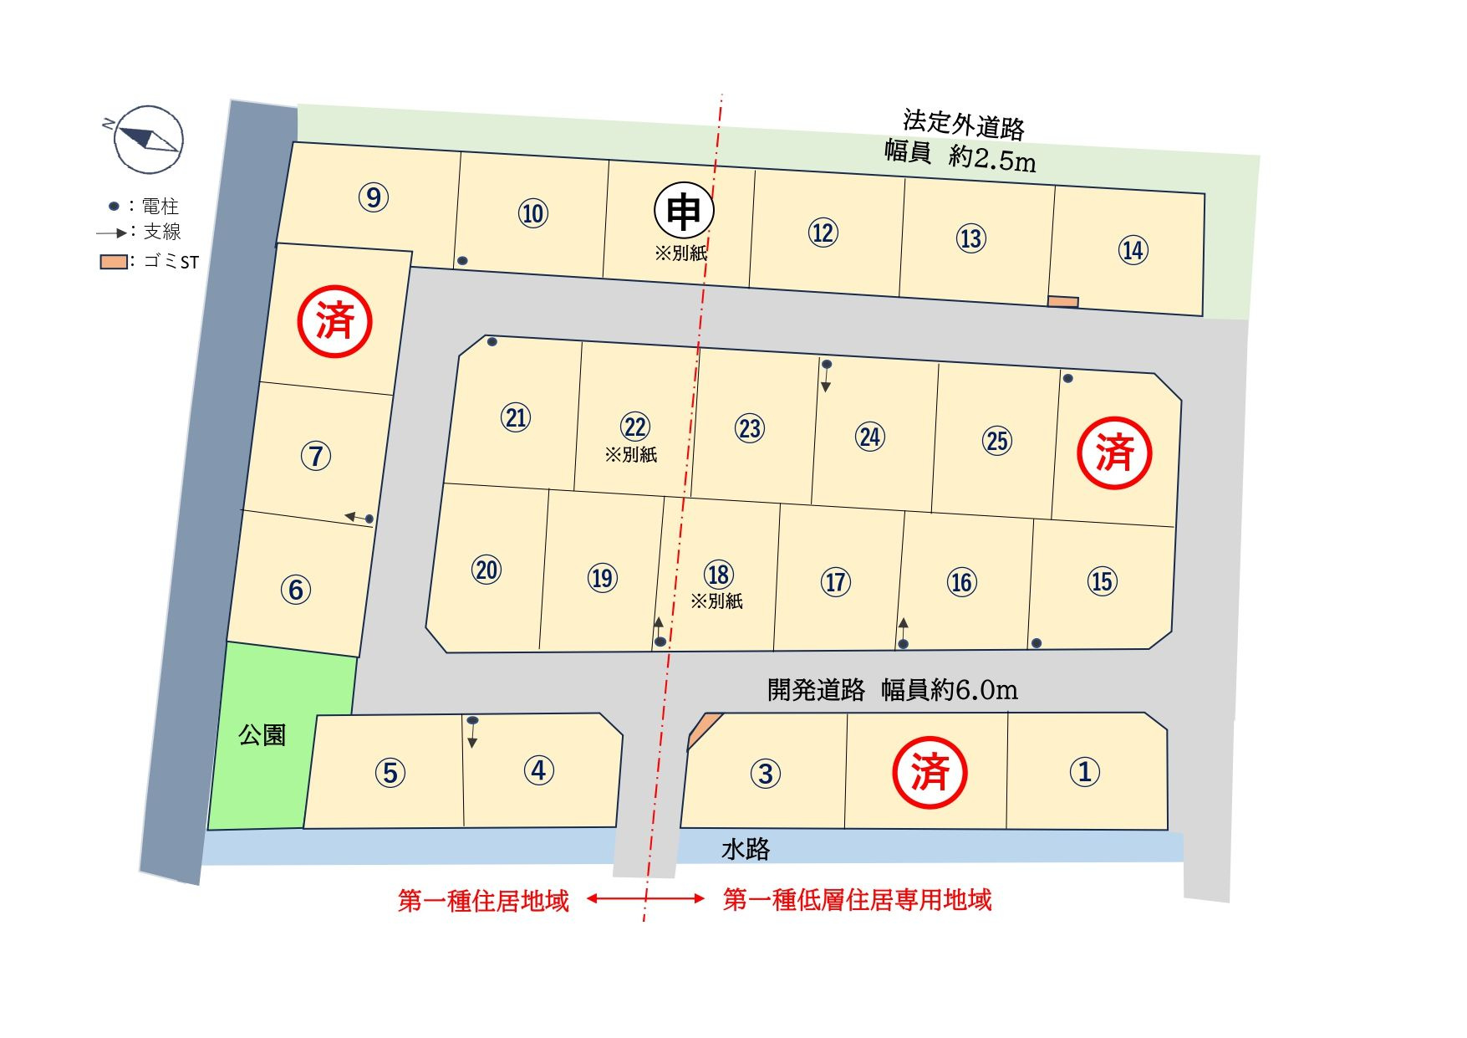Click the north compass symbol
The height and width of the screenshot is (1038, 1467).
coord(148,139)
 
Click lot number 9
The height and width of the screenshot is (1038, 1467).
coord(374,197)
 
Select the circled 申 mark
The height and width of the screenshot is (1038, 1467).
coord(684,212)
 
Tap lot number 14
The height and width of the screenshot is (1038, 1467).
coord(1133,250)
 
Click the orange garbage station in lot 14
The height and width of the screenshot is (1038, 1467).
coord(1063,302)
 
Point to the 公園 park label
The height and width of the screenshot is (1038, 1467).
coord(262,735)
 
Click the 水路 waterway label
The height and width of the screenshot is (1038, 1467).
coord(746,850)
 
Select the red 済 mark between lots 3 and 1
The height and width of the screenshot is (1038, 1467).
coord(930,772)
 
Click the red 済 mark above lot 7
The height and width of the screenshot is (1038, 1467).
coord(335,322)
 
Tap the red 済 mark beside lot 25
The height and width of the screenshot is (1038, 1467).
coord(1115,453)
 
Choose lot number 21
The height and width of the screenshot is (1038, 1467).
coord(516,417)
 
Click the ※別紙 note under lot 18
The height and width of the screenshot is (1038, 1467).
coord(716,601)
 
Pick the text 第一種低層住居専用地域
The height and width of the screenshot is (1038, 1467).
coord(857,900)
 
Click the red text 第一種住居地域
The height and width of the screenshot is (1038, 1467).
coord(483,901)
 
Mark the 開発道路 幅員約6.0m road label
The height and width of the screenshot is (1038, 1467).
coord(892,690)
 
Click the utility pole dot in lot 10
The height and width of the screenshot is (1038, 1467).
coord(462,261)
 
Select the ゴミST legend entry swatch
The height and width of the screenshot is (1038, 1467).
coord(114,262)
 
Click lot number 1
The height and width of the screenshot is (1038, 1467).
coord(1085,771)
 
